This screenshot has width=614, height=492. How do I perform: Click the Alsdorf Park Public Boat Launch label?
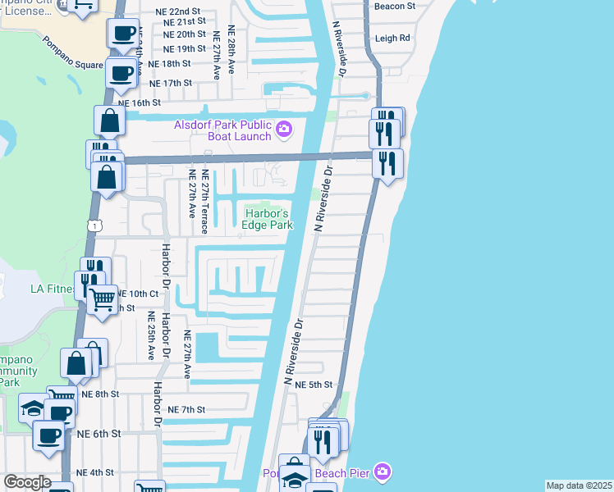(222, 130)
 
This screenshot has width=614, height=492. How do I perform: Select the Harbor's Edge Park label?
(268, 221)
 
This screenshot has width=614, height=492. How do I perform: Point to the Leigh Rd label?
(392, 39)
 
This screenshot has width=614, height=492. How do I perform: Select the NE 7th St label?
(185, 409)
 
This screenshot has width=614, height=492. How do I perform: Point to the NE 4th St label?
(95, 472)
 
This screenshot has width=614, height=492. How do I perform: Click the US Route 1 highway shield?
(96, 225)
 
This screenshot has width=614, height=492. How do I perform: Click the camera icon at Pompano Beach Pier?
(381, 471)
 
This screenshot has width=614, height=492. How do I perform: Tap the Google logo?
(27, 482)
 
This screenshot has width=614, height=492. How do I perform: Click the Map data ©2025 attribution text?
(579, 485)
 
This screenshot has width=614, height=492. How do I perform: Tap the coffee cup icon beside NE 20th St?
(123, 34)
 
